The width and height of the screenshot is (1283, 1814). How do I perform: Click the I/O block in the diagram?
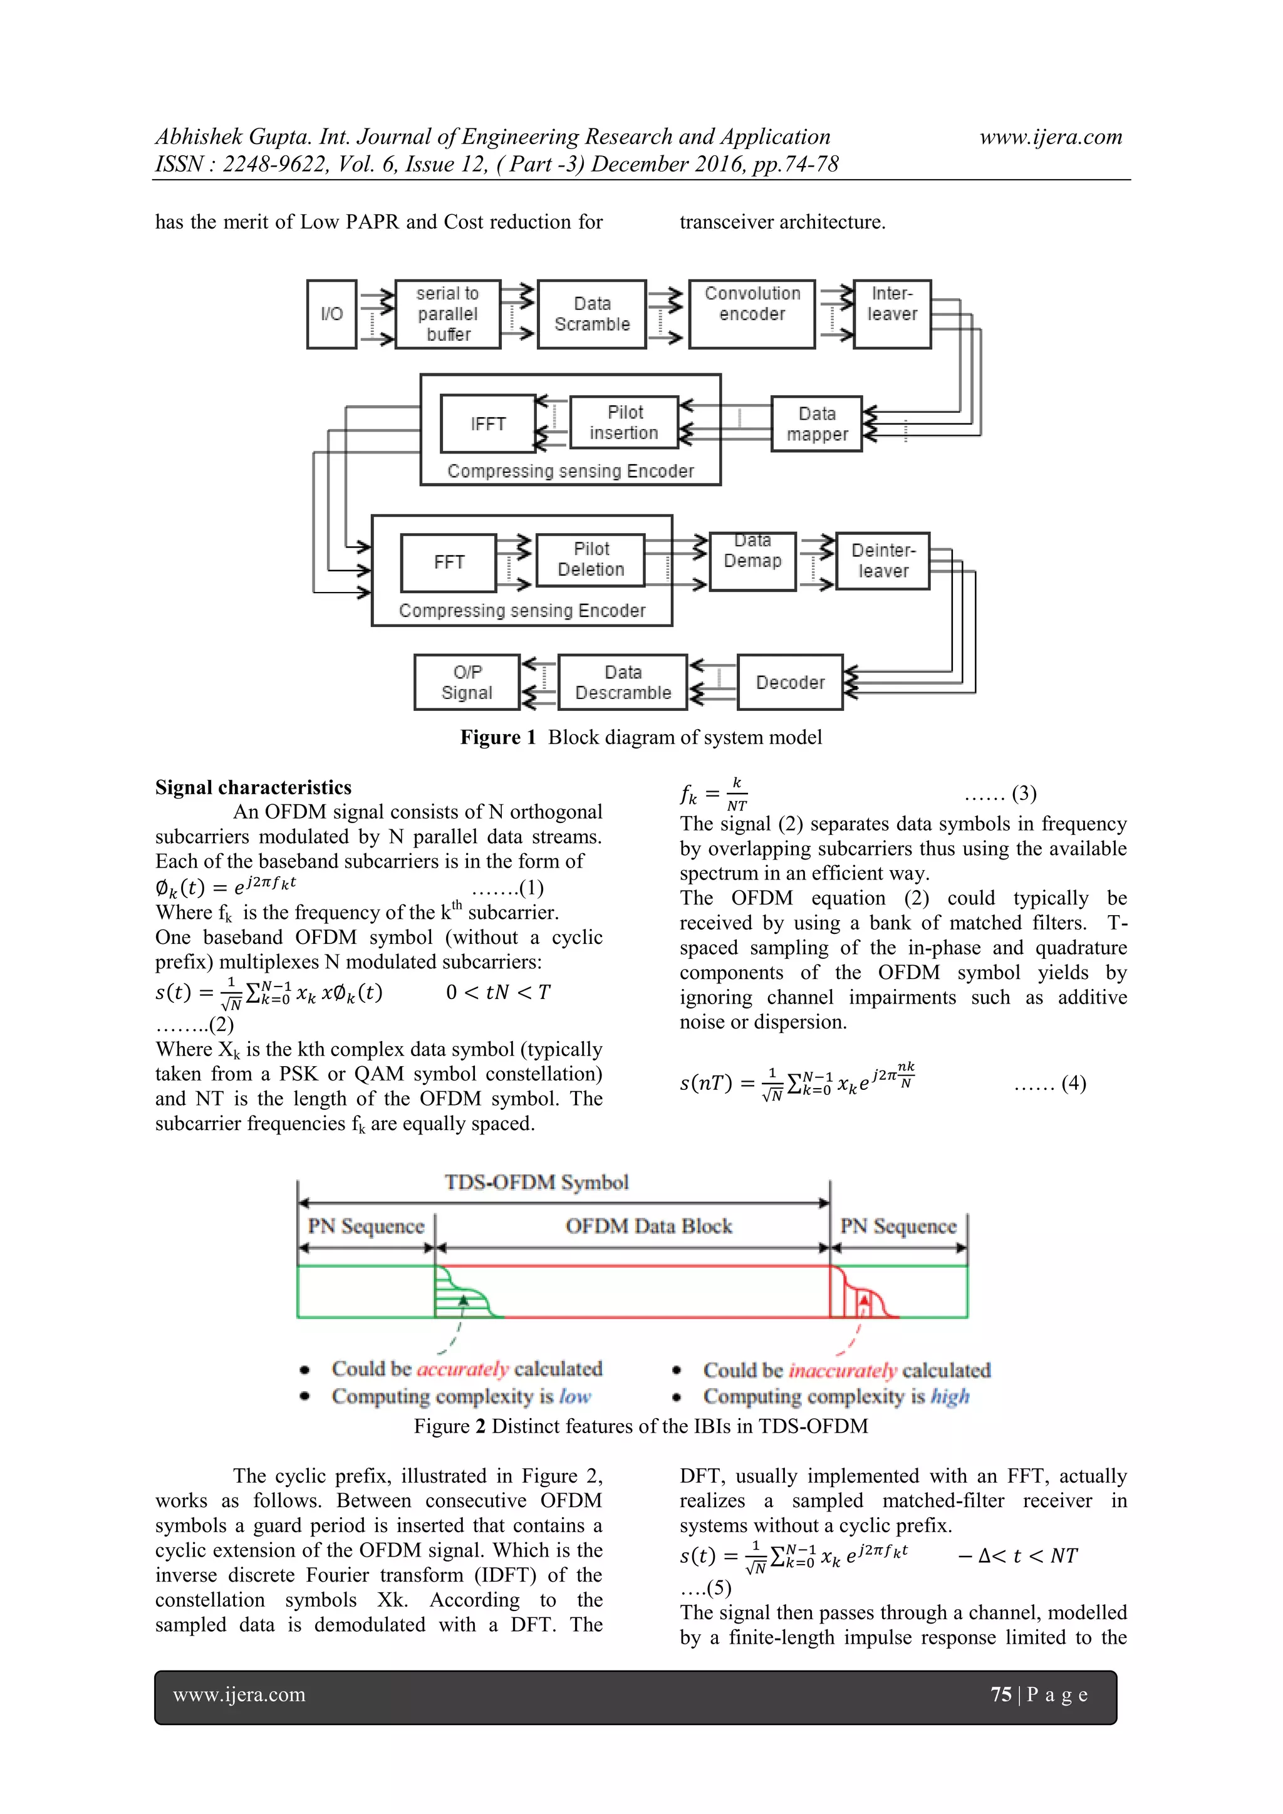coord(332,314)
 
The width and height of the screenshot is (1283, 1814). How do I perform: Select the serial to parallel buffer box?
coord(448,314)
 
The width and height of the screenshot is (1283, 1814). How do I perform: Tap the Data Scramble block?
coord(592,314)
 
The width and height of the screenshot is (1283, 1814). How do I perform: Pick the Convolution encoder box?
coord(752,314)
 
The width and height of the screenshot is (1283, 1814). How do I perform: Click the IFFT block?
coord(488,423)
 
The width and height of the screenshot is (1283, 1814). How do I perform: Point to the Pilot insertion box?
coord(624,423)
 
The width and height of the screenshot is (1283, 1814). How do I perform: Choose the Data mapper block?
coord(817,423)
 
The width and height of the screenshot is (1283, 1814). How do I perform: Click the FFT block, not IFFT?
coord(449,562)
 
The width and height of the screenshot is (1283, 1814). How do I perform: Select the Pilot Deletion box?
coord(591,559)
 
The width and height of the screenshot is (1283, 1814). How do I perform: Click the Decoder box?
coord(790,682)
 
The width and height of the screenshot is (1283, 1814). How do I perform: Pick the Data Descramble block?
coord(623,682)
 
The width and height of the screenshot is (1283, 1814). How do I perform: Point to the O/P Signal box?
coord(467,682)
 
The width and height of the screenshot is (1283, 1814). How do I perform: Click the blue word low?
coord(575,1396)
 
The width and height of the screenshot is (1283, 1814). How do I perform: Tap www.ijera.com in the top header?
coord(1051,137)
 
